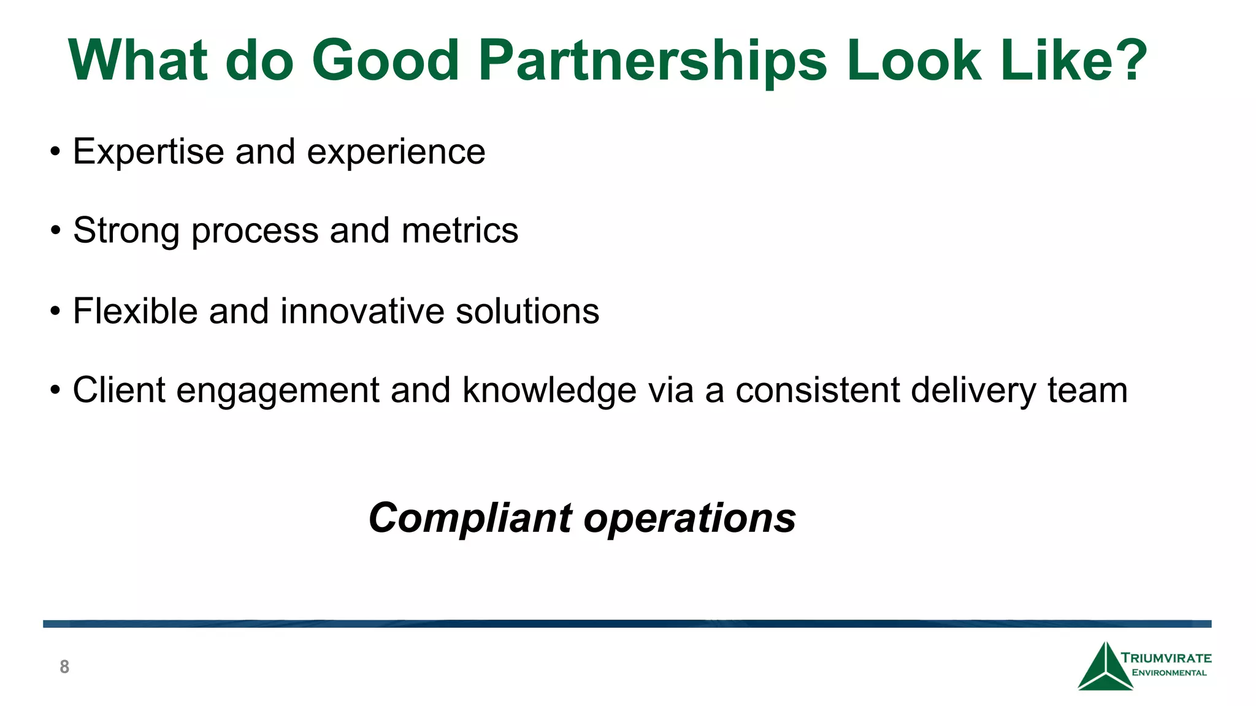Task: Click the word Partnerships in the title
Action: click(x=653, y=61)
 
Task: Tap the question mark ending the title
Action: click(x=1127, y=60)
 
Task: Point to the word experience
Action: click(x=396, y=153)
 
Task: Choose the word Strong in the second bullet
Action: click(x=126, y=231)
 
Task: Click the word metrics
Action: click(x=460, y=231)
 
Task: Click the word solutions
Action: click(x=527, y=311)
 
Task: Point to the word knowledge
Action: click(x=549, y=390)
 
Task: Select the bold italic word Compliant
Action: click(x=470, y=518)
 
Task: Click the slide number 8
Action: click(x=64, y=667)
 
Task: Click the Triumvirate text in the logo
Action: click(x=1166, y=658)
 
